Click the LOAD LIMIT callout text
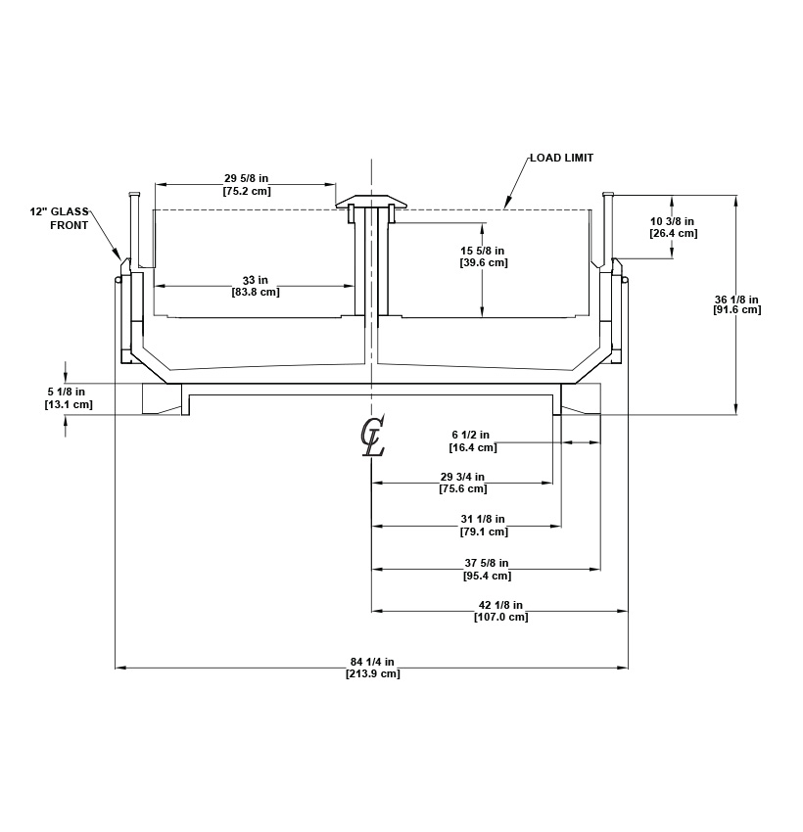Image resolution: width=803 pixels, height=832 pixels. point(561,158)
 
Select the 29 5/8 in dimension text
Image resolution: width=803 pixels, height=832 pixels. point(246,178)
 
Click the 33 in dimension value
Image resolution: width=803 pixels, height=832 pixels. point(255,279)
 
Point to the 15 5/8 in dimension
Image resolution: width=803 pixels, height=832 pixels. point(483,251)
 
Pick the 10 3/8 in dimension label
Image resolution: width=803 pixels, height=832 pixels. point(673,221)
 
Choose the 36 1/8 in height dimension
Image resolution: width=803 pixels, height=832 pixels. point(736,299)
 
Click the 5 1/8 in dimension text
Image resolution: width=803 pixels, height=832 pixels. point(69,392)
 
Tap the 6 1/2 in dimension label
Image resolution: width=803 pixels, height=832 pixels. point(472,435)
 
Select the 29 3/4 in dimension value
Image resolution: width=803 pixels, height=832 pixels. point(462,477)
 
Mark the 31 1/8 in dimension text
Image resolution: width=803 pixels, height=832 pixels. point(483,519)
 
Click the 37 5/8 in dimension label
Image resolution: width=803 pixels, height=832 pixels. point(487,563)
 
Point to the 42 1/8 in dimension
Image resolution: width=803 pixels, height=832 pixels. point(500,605)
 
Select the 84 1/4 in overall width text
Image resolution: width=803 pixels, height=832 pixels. point(372,662)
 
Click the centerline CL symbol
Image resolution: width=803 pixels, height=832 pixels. point(372,437)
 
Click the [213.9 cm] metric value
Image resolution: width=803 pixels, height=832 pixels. point(372,673)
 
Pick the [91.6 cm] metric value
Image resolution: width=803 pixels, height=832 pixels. point(736,309)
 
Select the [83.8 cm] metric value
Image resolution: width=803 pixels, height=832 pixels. point(255,292)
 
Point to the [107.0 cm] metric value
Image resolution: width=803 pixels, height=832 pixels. point(500,617)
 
